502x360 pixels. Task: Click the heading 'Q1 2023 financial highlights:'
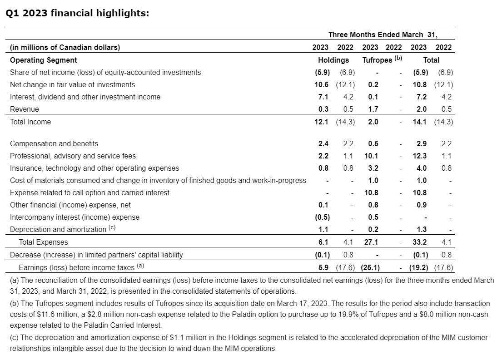point(77,13)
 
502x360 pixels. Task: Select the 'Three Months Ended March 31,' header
point(383,35)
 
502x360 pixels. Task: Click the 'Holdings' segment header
point(333,60)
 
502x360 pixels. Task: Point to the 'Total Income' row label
point(30,122)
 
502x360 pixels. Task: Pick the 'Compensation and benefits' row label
point(54,143)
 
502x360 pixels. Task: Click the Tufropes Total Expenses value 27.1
point(371,242)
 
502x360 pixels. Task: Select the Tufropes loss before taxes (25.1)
point(370,267)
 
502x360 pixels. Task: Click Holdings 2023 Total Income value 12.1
point(322,122)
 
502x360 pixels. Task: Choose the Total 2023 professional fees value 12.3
point(421,156)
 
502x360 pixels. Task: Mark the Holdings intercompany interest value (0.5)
point(322,217)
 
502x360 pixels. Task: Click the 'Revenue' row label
point(25,109)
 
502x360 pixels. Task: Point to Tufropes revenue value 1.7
point(373,109)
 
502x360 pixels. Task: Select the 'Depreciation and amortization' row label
point(58,230)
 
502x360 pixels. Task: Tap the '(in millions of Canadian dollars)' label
point(65,47)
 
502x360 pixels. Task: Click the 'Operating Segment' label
point(44,60)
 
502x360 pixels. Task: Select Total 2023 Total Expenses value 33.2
point(421,242)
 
